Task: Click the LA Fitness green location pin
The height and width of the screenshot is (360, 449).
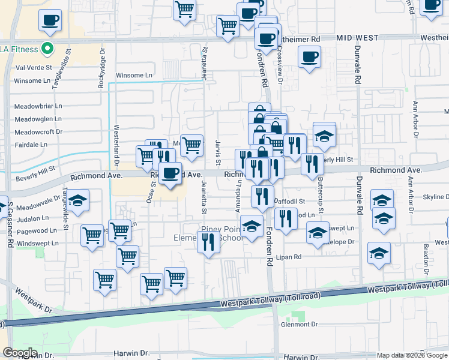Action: [45, 49]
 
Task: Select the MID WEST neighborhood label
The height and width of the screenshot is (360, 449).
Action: [357, 38]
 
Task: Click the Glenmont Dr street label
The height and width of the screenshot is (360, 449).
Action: [299, 325]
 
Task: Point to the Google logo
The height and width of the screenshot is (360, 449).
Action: [20, 353]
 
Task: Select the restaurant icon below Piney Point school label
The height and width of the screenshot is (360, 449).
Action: [208, 242]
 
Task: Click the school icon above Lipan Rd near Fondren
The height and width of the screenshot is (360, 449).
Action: [252, 227]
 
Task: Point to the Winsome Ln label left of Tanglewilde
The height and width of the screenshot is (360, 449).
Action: [32, 81]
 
